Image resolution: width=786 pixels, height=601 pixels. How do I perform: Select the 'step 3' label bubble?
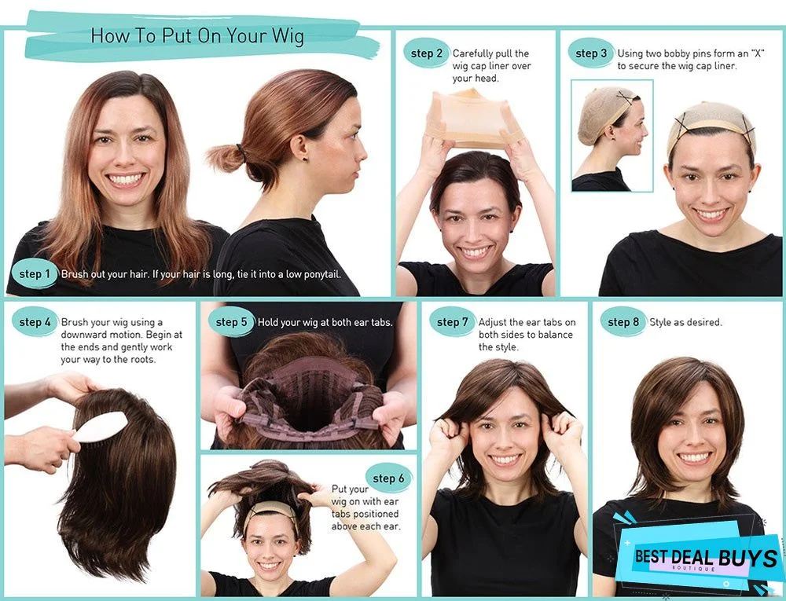(591, 53)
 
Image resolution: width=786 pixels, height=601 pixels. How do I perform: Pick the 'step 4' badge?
(35, 322)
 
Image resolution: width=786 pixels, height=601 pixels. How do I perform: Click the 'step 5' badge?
(231, 322)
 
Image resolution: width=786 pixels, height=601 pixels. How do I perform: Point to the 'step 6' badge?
(388, 478)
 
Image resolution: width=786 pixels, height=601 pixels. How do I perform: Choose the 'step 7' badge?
(452, 322)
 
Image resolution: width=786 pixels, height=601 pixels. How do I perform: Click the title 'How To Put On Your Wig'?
(196, 36)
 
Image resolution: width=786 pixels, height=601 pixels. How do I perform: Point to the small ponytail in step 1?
(226, 158)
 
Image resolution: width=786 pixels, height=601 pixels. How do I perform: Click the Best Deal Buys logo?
(703, 559)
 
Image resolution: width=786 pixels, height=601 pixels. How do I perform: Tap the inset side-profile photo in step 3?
(612, 135)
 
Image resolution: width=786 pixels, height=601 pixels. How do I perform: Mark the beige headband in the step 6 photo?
(270, 510)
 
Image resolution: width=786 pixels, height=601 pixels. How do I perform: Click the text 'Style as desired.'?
(685, 322)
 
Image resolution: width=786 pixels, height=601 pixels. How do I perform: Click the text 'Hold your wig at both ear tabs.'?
(325, 322)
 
